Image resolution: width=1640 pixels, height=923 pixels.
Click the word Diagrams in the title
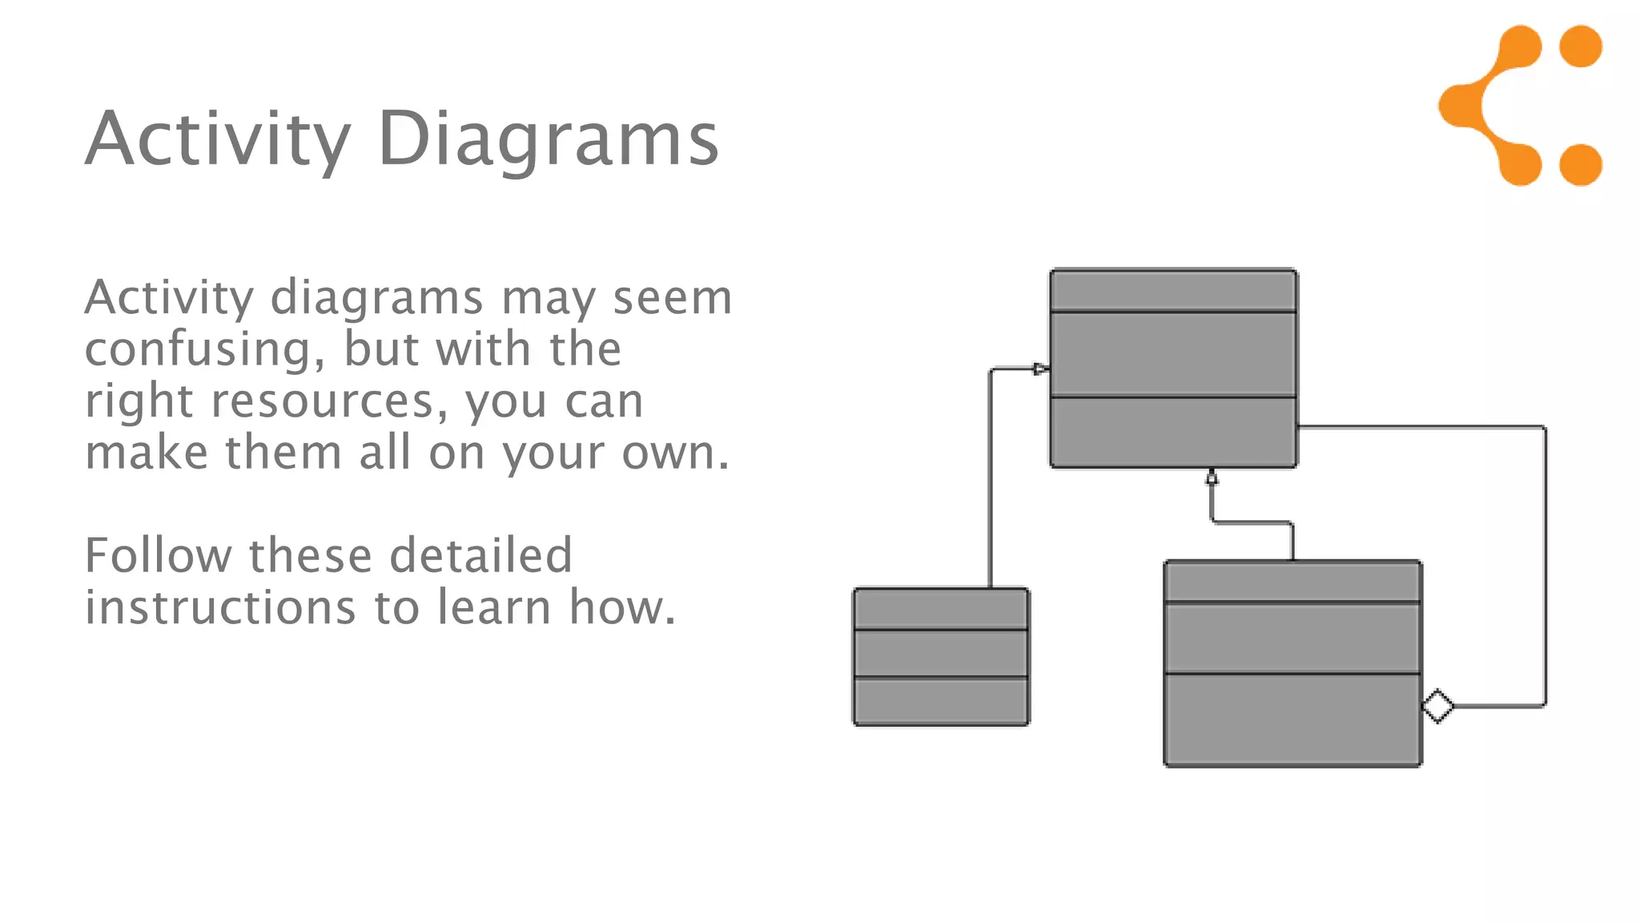(x=548, y=140)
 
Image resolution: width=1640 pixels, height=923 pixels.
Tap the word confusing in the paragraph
(x=204, y=350)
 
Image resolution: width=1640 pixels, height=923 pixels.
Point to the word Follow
(x=159, y=555)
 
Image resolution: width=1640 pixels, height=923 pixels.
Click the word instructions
(x=220, y=607)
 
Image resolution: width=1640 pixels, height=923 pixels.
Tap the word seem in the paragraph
(x=673, y=298)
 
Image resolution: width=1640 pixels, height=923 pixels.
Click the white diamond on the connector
(x=1438, y=707)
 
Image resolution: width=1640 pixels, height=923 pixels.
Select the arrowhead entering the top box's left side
(x=1041, y=369)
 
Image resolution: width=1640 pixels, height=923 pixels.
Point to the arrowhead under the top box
(x=1212, y=478)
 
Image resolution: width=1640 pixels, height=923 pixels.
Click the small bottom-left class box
(x=941, y=657)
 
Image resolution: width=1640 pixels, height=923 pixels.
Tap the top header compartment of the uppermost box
(x=1173, y=291)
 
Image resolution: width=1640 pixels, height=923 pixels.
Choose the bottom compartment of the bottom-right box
(x=1292, y=719)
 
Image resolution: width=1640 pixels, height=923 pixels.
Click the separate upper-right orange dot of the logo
(x=1581, y=46)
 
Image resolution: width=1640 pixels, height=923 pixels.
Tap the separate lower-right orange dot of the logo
(x=1581, y=165)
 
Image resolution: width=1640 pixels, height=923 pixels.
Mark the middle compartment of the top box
(x=1173, y=354)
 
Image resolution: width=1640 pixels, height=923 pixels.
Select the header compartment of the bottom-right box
(x=1292, y=582)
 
